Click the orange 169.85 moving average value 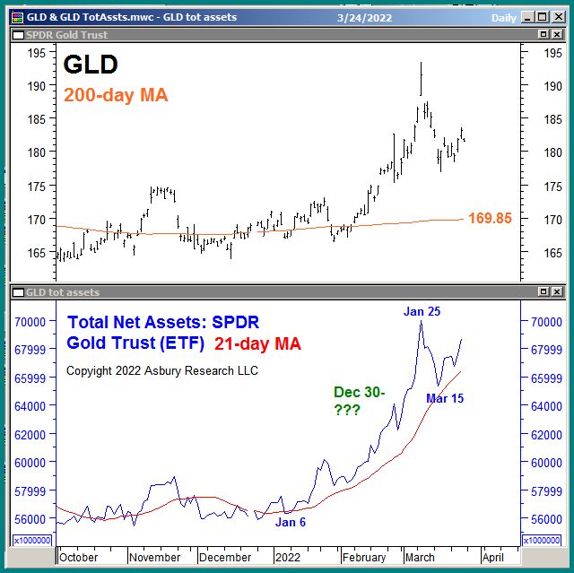point(490,218)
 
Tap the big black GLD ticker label point(91,65)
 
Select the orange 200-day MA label point(116,94)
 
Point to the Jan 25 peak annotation point(422,311)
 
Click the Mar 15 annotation point(445,398)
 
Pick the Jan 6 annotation point(291,522)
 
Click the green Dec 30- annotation point(359,392)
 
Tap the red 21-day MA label point(258,343)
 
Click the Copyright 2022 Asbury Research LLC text point(162,370)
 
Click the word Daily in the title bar point(504,17)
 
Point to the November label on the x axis point(154,557)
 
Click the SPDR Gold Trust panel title point(66,34)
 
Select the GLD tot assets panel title point(63,292)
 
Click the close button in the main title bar point(556,17)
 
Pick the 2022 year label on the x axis point(289,557)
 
